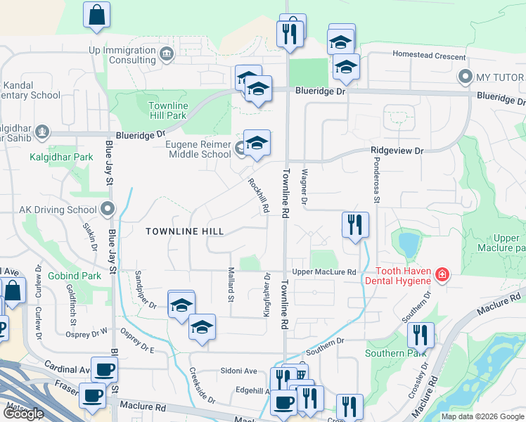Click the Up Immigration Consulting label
tap(122, 55)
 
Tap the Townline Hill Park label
tap(167, 110)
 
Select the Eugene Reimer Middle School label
tap(189, 149)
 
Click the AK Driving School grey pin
tap(108, 209)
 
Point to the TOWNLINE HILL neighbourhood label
tap(185, 231)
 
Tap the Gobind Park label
tap(75, 276)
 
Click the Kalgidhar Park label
tap(61, 158)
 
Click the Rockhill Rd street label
tap(258, 196)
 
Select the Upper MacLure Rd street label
tap(324, 272)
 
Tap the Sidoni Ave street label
tap(240, 371)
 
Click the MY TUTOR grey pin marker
tap(464, 76)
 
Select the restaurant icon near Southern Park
tap(421, 335)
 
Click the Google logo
tap(24, 414)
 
